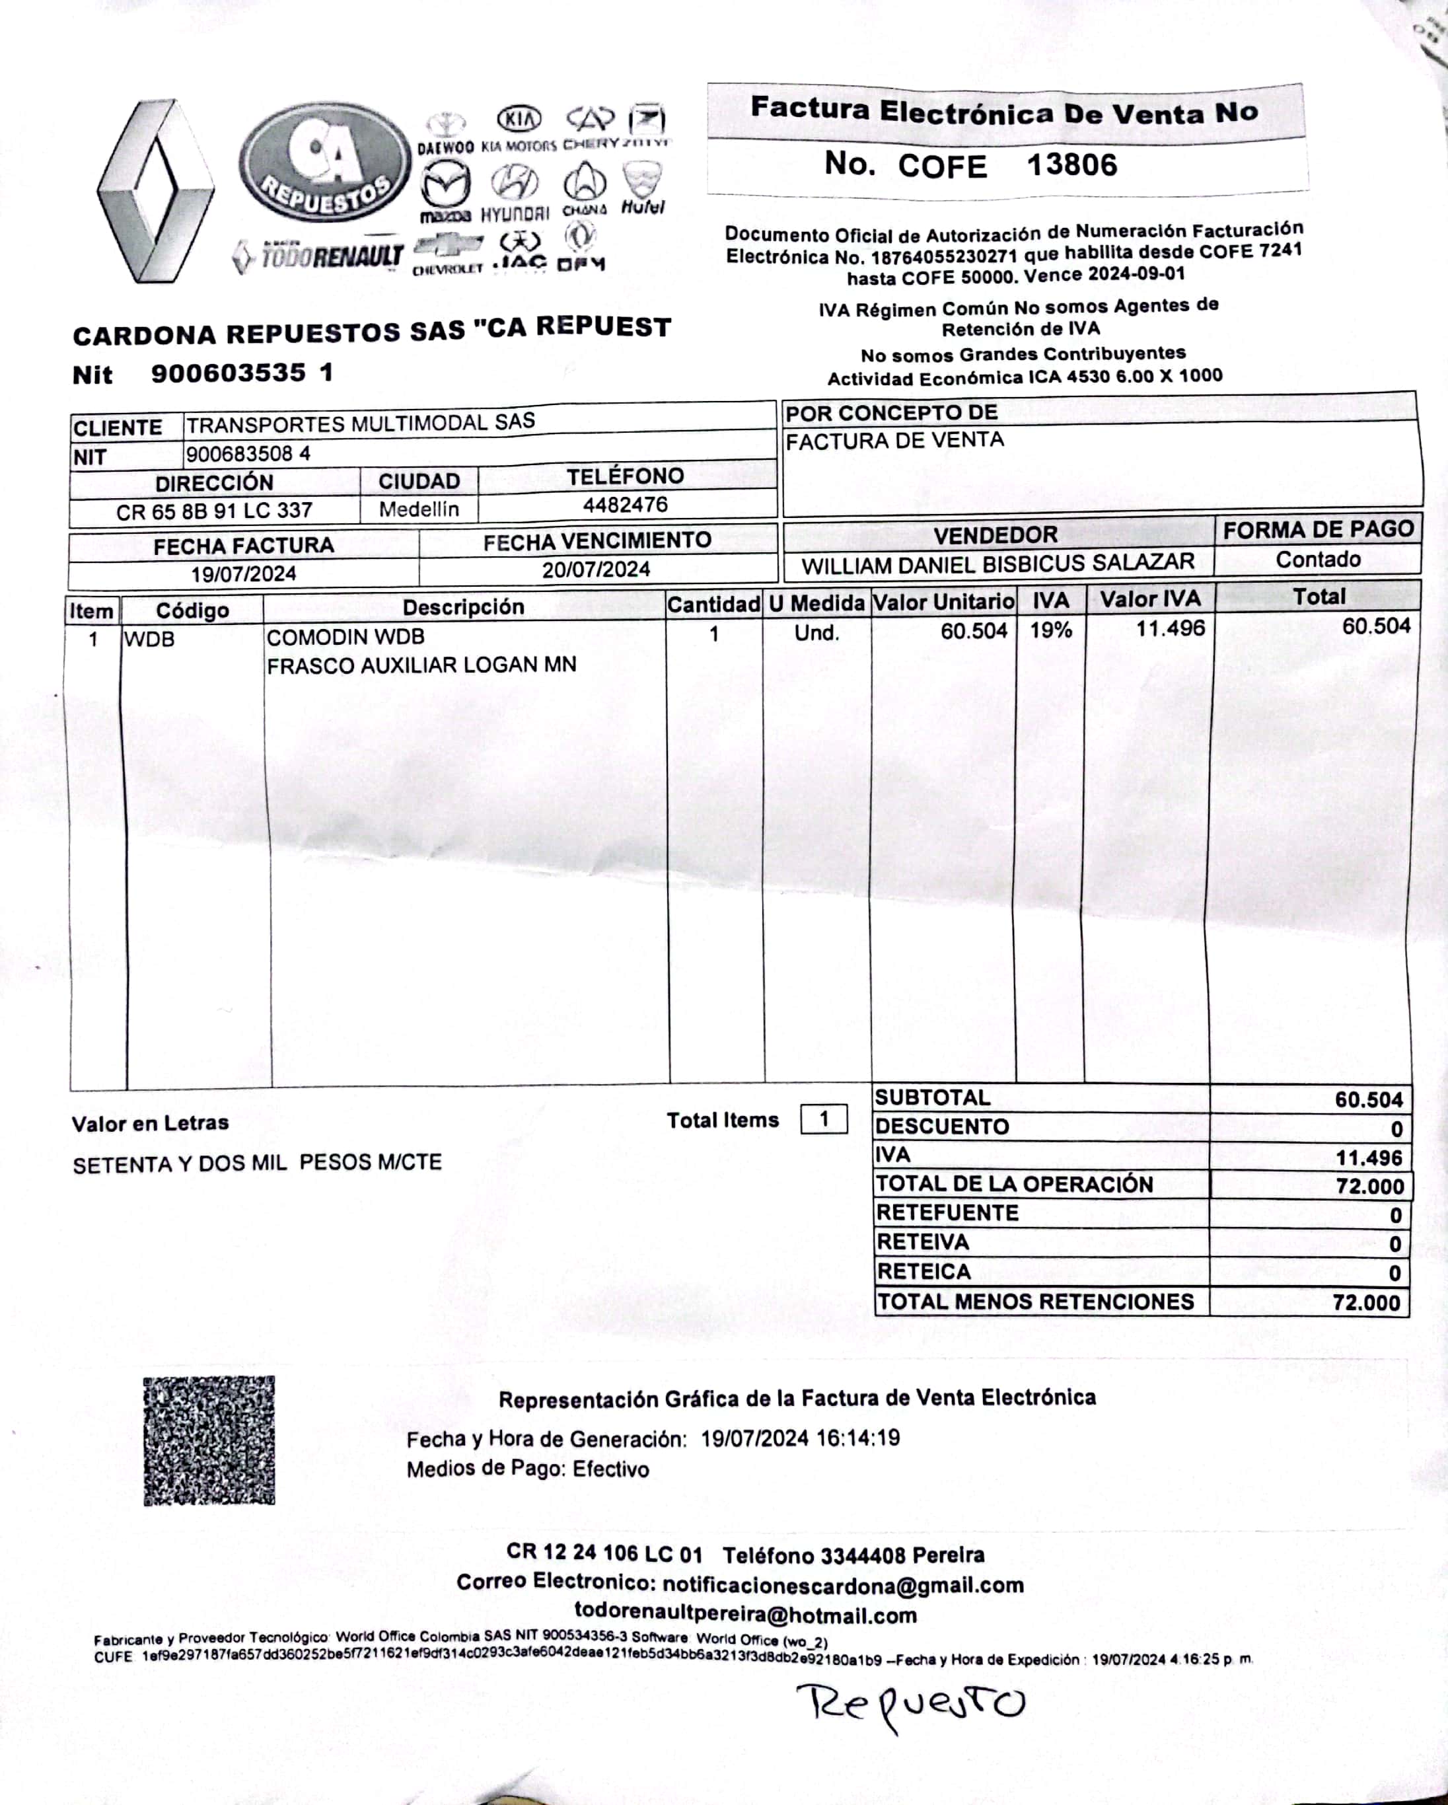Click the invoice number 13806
pos(1071,164)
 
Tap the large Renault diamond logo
pos(156,191)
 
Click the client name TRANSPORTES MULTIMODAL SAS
pos(360,424)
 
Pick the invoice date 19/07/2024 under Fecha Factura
pos(244,574)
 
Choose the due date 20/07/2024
pos(596,570)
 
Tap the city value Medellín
pos(419,509)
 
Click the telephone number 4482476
pos(625,505)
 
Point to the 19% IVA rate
pos(1050,630)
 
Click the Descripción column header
pos(463,607)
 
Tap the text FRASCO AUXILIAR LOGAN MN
pos(421,665)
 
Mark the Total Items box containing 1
pos(824,1119)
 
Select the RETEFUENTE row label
pos(947,1213)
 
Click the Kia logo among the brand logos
pos(520,118)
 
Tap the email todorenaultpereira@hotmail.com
pos(745,1615)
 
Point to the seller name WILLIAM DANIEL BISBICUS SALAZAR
pos(997,564)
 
